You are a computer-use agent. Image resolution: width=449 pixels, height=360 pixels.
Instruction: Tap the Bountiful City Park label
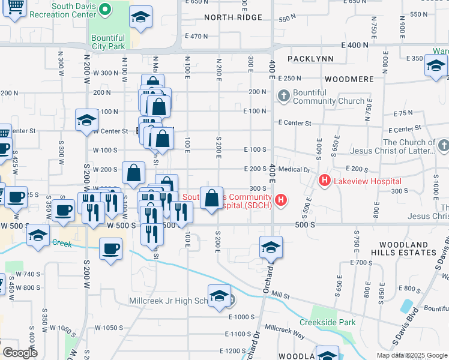[x=108, y=42]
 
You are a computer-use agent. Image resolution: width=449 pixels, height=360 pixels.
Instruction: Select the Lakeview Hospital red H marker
[x=325, y=180]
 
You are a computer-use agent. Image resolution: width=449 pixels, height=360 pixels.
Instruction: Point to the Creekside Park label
[x=328, y=322]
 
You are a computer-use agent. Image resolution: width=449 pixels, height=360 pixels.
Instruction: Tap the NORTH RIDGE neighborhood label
[x=233, y=17]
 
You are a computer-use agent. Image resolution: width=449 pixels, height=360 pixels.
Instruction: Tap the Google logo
[x=19, y=353]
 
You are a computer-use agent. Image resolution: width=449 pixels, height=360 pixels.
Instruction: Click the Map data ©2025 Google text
[x=412, y=355]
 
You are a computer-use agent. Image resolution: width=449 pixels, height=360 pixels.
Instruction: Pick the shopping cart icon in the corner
[x=16, y=8]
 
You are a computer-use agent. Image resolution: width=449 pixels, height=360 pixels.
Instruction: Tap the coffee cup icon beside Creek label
[x=110, y=248]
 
